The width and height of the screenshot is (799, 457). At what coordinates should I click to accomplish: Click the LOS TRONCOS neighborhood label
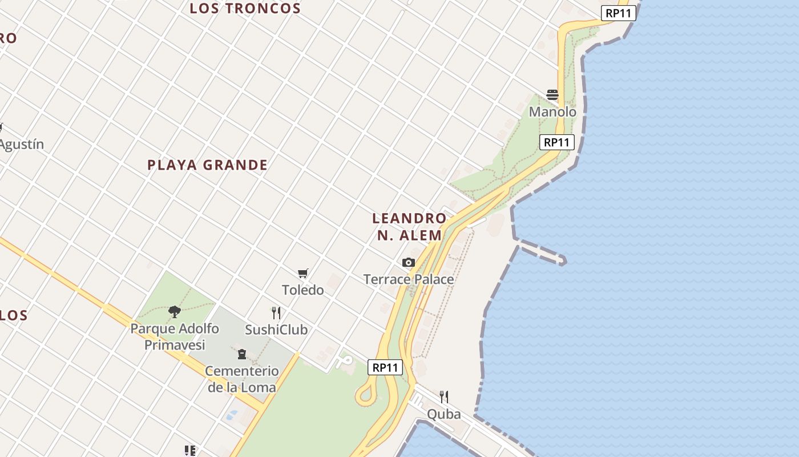tap(245, 9)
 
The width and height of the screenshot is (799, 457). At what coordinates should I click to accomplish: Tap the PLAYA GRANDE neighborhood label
tap(207, 165)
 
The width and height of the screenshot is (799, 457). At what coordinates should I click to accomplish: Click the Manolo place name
tap(552, 112)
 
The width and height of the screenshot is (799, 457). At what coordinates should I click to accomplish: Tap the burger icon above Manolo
tap(552, 94)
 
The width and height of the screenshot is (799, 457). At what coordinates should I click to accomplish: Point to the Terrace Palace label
tap(409, 279)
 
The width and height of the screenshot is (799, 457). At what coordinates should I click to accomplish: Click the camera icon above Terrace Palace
tap(409, 262)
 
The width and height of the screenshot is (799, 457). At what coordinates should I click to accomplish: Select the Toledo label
tap(303, 290)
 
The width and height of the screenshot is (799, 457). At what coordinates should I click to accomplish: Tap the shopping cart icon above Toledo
tap(303, 274)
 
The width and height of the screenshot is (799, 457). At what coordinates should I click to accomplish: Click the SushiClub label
tap(276, 330)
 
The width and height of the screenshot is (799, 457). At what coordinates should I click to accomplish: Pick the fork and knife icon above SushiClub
tap(276, 312)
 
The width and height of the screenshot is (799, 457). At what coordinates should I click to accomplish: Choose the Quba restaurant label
tap(444, 414)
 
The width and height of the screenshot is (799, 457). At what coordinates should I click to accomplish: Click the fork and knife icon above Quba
tap(444, 396)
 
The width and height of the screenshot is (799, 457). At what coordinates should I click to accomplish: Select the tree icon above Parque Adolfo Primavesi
tap(175, 311)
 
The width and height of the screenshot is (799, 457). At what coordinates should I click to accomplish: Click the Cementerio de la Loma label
tap(242, 379)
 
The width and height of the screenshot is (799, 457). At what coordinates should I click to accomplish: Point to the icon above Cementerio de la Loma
tap(242, 354)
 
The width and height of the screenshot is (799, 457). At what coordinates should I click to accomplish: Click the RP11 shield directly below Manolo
tap(556, 142)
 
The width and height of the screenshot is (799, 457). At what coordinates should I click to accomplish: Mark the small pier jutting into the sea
tap(542, 252)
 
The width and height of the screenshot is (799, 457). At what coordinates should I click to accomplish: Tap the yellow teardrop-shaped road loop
tap(366, 394)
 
